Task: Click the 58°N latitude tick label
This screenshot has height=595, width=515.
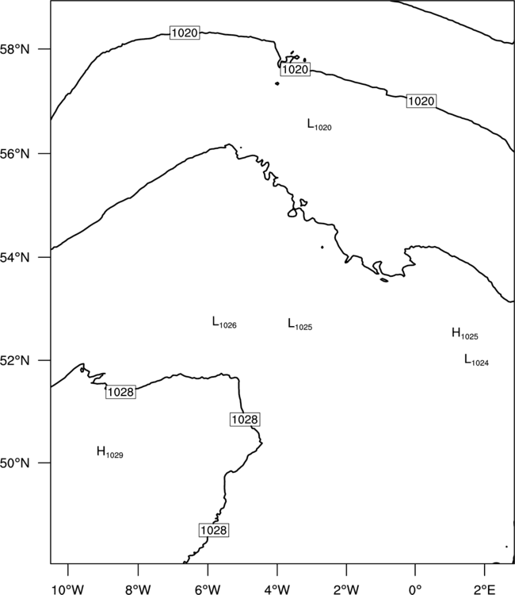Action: (x=15, y=49)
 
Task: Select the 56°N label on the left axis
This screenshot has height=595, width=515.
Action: (x=15, y=154)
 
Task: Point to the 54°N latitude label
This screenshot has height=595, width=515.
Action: (x=15, y=257)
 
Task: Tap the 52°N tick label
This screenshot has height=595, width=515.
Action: (x=15, y=360)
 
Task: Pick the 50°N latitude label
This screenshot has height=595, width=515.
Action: (x=15, y=463)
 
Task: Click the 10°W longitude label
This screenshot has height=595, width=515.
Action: (x=68, y=589)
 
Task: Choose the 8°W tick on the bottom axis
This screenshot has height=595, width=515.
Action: (x=138, y=589)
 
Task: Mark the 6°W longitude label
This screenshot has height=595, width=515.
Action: (x=208, y=589)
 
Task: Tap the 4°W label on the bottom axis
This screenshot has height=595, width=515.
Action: (x=277, y=589)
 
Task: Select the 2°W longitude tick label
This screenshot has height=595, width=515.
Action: (x=346, y=589)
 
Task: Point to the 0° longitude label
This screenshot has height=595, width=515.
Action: (x=415, y=589)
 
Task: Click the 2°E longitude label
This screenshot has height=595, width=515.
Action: (x=484, y=589)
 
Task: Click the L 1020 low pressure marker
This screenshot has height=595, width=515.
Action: (x=319, y=125)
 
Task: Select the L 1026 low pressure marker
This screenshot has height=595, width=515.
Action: (x=224, y=323)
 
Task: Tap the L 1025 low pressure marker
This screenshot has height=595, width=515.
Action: (x=299, y=324)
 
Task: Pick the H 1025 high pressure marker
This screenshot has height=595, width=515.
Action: (x=464, y=333)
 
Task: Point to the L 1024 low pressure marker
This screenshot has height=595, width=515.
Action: (x=476, y=359)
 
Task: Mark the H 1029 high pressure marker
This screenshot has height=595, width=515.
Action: (x=110, y=452)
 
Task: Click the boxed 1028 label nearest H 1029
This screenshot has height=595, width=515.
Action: (x=120, y=392)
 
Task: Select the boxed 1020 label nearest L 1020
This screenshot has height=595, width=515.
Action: (x=296, y=70)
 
